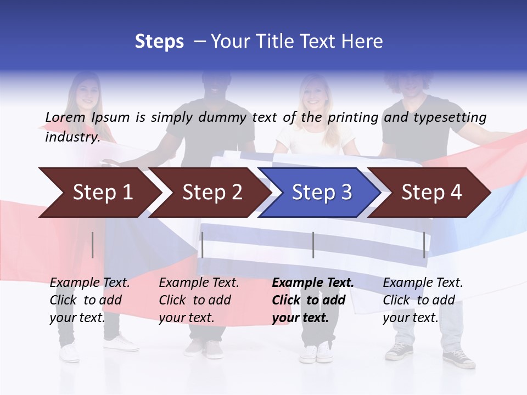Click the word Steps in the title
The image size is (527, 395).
point(159,42)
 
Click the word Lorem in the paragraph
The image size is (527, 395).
point(65,117)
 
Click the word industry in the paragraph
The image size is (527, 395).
point(72,137)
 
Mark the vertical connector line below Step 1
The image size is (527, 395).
point(93,245)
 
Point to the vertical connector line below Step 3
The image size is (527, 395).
point(313,245)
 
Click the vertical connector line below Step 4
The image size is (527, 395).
point(424,245)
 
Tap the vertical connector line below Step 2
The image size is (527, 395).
point(202,245)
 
